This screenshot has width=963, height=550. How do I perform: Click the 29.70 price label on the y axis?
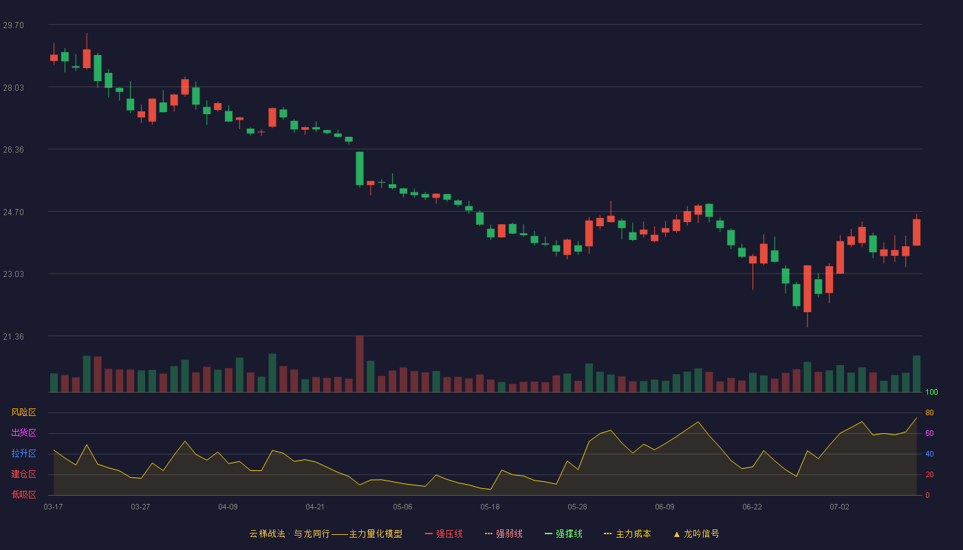point(13,25)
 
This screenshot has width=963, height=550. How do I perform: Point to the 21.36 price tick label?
point(13,337)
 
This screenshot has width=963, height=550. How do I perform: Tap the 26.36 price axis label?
point(13,150)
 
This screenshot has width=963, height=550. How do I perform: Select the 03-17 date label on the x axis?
point(54,507)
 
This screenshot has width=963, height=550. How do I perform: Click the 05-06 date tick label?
point(402,507)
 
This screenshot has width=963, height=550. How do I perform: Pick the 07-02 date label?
point(839,507)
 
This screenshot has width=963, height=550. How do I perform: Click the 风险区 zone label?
point(23,412)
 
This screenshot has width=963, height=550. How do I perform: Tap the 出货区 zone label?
point(23,432)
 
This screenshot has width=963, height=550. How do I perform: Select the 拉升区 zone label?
point(23,453)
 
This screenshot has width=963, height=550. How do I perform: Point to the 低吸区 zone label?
point(23,494)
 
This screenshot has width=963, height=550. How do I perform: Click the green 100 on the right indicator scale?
point(931,392)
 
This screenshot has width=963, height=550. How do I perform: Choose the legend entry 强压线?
point(444,533)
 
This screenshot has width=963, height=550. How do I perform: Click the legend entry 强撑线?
point(563,533)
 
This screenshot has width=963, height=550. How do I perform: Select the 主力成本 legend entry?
point(627,533)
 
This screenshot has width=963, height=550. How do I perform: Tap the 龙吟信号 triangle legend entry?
point(696,533)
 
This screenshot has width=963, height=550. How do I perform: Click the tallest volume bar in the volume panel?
point(360,364)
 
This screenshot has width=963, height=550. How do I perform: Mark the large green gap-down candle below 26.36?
point(360,169)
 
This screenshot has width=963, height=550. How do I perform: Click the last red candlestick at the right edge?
point(916,232)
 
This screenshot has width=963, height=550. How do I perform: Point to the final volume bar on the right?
point(916,374)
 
